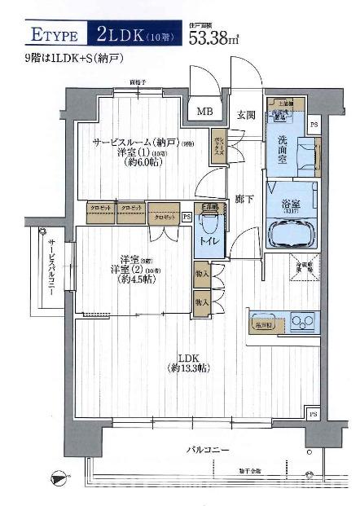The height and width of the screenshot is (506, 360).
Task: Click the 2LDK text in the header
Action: tap(120, 34)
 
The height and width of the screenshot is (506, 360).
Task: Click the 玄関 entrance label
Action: tap(248, 114)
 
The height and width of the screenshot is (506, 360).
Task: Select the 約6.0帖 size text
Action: tap(133, 161)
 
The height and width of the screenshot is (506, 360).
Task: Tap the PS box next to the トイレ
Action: tap(187, 216)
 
